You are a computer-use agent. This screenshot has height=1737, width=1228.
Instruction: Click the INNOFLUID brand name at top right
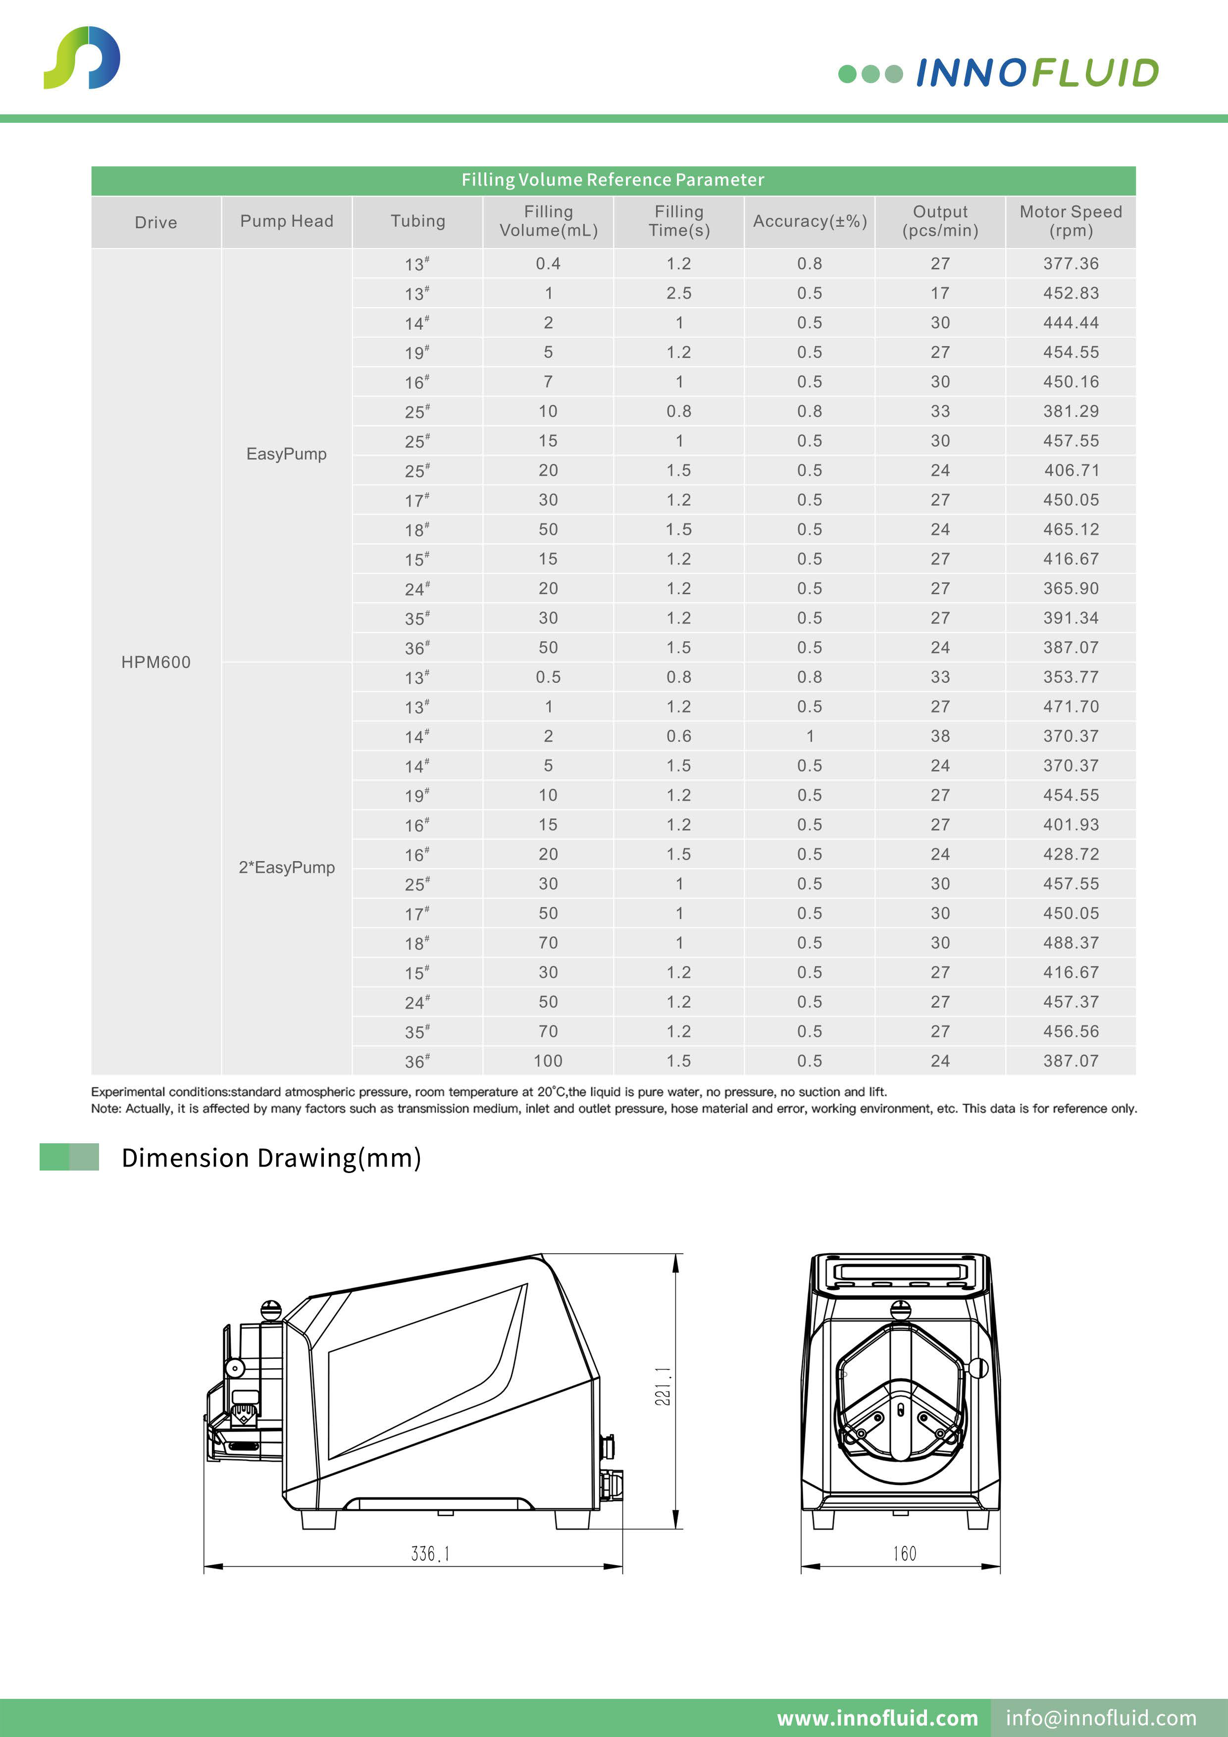[x=1036, y=73]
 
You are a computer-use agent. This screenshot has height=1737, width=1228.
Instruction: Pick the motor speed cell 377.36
[x=1071, y=263]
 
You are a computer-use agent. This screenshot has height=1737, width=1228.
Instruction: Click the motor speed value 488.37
[x=1071, y=943]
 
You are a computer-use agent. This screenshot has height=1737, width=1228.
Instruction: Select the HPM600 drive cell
[x=156, y=662]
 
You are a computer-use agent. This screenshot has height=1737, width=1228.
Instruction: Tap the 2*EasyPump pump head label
[x=287, y=867]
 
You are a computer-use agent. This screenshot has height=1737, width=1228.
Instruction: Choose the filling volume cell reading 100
[x=548, y=1061]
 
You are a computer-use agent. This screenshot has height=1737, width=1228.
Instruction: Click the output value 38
[x=940, y=736]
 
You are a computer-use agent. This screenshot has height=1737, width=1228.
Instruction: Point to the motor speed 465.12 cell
[x=1071, y=530]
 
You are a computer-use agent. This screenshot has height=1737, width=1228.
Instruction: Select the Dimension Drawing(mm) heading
[x=271, y=1158]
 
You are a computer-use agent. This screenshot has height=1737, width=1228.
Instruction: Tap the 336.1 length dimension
[x=430, y=1553]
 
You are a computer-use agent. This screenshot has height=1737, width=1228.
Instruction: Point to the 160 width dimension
[x=904, y=1553]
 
